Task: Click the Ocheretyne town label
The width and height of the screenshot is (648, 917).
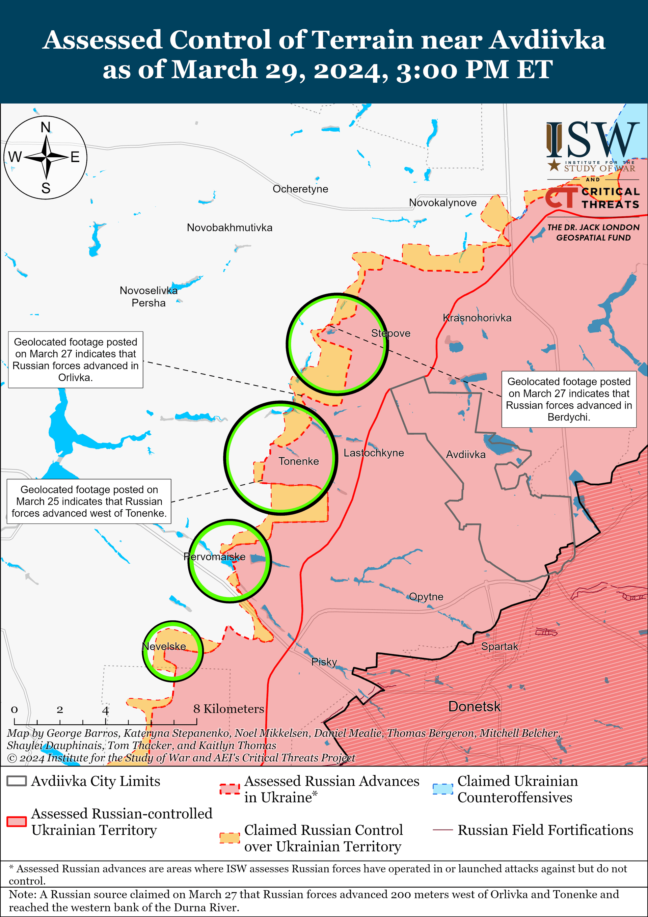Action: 300,189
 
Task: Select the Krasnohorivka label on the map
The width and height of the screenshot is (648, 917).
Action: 477,318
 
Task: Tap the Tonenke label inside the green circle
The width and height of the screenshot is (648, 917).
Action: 298,461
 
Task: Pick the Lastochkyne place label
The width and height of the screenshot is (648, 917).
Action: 374,453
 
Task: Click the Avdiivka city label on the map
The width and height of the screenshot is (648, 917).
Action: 465,455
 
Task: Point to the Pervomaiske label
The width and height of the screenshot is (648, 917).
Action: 215,557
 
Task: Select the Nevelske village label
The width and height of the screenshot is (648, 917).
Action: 164,646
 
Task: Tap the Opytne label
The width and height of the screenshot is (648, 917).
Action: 426,597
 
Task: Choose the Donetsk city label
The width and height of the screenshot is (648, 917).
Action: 474,706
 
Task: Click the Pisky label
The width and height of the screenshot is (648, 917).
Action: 324,662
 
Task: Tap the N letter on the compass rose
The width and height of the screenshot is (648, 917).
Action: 46,127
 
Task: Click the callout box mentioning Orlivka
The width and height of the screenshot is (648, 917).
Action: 76,359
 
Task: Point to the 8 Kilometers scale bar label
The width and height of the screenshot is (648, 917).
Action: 228,709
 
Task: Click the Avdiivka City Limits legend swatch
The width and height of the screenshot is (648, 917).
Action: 17,781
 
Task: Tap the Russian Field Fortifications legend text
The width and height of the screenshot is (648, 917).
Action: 545,830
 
